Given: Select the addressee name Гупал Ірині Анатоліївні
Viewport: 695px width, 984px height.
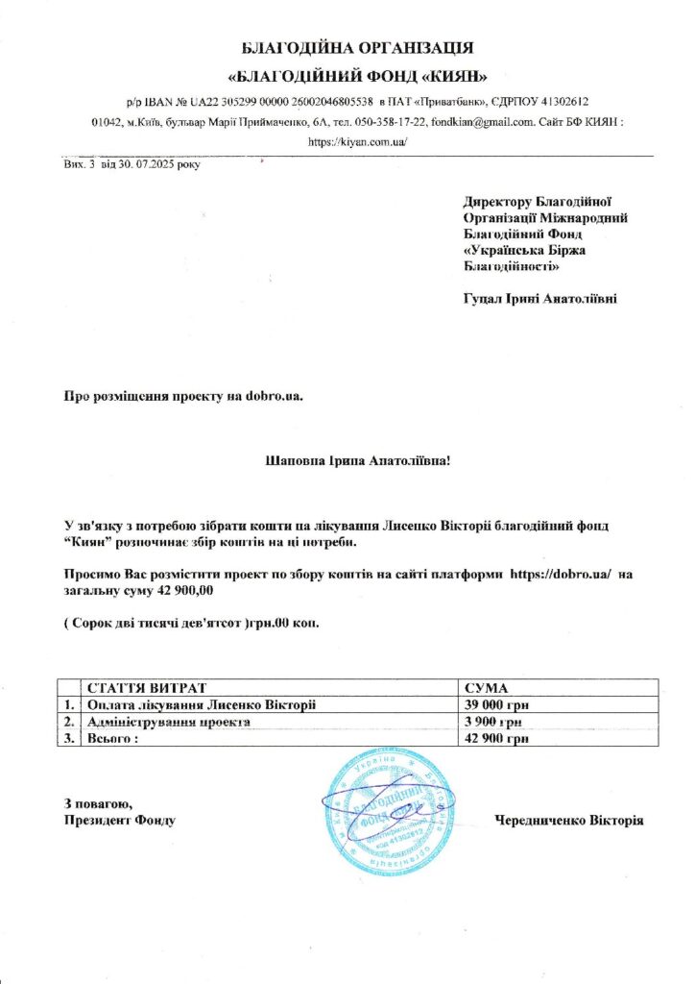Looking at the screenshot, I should pyautogui.click(x=539, y=299).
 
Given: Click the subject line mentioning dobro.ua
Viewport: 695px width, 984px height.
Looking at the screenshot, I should pyautogui.click(x=183, y=395).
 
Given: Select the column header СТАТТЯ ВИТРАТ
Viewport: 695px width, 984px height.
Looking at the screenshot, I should pyautogui.click(x=147, y=689).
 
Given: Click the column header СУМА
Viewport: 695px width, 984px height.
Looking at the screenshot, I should pyautogui.click(x=485, y=689).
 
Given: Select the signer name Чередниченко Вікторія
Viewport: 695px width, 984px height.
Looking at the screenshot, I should pyautogui.click(x=568, y=821).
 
